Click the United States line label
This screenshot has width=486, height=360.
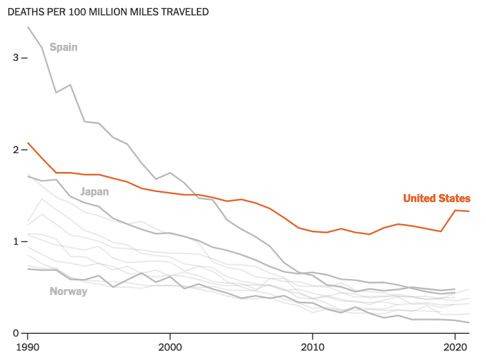click(x=436, y=198)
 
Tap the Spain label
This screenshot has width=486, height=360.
click(x=64, y=47)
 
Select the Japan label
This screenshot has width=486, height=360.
click(x=94, y=191)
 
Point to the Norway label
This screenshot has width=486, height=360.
click(x=68, y=291)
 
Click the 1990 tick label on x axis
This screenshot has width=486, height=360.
click(x=27, y=348)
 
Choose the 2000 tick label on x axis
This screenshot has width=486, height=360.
click(x=170, y=348)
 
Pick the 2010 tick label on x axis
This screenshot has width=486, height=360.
click(x=313, y=348)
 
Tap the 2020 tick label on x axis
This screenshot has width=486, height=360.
click(x=456, y=348)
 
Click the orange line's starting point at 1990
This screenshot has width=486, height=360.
click(x=27, y=143)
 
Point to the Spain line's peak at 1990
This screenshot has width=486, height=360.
click(x=27, y=27)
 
